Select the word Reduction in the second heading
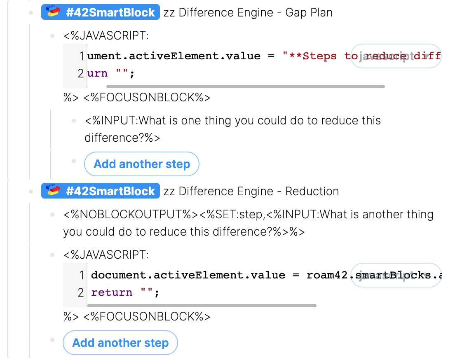tap(312, 191)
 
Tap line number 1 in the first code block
tap(81, 56)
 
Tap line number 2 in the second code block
tap(81, 292)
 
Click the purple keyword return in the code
tap(112, 292)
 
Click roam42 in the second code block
tap(327, 275)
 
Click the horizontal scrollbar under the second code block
tap(202, 306)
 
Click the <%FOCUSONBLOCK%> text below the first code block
tap(147, 98)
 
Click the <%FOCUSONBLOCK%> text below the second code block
tap(147, 317)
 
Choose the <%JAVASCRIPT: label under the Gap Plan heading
tap(106, 35)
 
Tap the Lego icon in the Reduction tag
tap(53, 191)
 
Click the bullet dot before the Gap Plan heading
tap(31, 13)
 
